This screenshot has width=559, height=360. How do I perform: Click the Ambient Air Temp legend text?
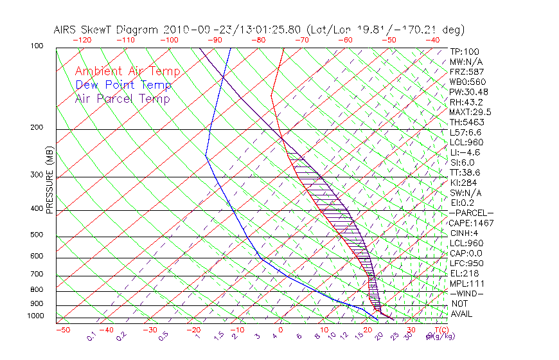(x=127, y=71)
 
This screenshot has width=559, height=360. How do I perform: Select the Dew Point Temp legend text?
(x=123, y=85)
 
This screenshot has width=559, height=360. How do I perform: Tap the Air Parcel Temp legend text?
(x=122, y=98)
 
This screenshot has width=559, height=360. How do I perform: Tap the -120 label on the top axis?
(x=82, y=40)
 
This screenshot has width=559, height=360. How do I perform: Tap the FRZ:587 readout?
(x=466, y=72)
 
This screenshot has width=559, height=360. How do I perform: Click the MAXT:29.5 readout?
(x=470, y=112)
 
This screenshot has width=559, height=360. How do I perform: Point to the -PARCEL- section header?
(x=471, y=213)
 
